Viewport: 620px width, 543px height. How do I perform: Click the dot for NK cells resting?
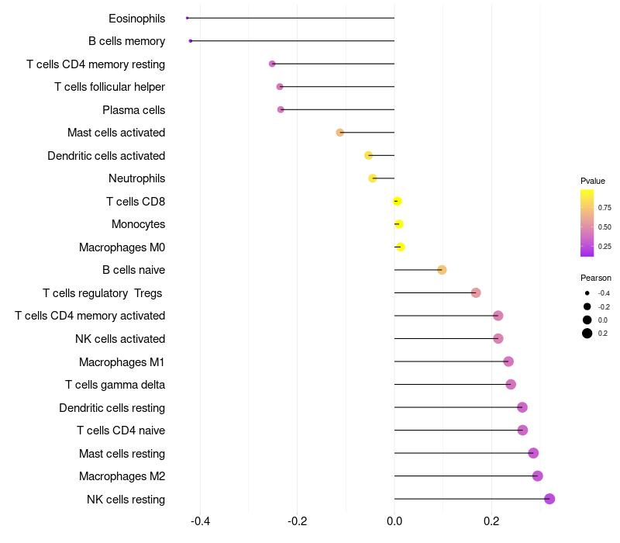click(x=549, y=499)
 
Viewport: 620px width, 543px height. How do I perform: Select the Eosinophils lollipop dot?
click(x=188, y=18)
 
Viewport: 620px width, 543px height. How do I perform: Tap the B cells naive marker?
click(x=442, y=270)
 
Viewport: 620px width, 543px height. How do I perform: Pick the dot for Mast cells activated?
click(x=340, y=133)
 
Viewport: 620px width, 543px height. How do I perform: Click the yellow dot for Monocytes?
click(x=398, y=224)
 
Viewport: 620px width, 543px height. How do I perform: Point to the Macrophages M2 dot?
click(x=538, y=476)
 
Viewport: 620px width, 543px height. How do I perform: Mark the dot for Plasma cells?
click(x=281, y=110)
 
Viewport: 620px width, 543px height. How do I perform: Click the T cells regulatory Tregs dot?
click(x=476, y=292)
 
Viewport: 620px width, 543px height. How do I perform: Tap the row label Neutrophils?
click(x=136, y=178)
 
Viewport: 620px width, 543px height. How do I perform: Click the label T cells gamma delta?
click(x=115, y=385)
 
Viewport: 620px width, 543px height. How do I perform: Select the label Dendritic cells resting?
click(x=112, y=408)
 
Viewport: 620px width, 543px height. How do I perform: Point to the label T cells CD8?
click(x=136, y=202)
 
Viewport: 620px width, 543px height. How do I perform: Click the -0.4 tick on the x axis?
click(x=200, y=521)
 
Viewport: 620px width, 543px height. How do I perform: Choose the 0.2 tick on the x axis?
click(x=491, y=521)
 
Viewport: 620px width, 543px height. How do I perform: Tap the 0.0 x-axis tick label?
click(x=394, y=521)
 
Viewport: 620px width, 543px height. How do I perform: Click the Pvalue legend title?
click(x=593, y=181)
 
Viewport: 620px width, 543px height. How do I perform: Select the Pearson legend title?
click(x=595, y=278)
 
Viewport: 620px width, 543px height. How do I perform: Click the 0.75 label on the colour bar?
click(x=604, y=208)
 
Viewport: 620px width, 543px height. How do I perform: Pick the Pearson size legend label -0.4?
click(x=604, y=293)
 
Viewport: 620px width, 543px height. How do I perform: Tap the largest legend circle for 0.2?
click(x=587, y=334)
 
